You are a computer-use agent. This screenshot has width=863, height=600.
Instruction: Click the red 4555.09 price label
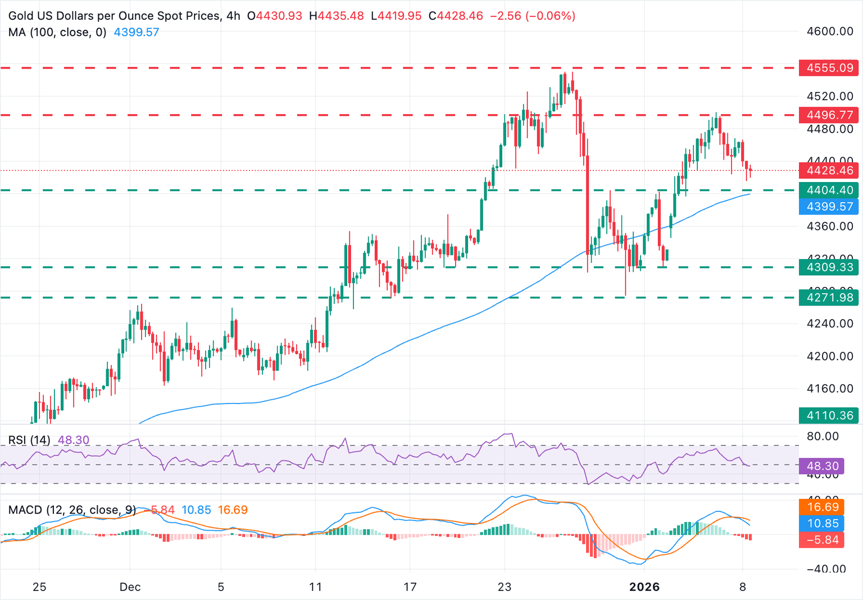pos(829,68)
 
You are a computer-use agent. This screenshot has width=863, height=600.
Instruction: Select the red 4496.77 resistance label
pos(829,115)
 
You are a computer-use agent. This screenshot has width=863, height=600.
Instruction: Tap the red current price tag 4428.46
pos(829,170)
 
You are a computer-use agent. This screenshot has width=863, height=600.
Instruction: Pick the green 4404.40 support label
pos(829,190)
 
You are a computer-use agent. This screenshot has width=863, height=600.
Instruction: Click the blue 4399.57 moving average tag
pos(829,207)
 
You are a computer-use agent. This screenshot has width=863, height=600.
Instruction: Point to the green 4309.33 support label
pos(829,267)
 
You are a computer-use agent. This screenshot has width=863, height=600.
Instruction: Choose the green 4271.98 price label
pos(829,298)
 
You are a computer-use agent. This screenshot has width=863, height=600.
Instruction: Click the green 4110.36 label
pos(829,416)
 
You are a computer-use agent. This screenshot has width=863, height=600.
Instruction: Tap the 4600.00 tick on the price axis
pos(830,31)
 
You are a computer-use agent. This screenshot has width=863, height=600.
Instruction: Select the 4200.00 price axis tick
pos(830,356)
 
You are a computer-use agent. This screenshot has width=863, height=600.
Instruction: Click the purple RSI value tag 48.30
pos(823,466)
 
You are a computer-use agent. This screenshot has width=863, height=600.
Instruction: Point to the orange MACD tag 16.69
pos(823,507)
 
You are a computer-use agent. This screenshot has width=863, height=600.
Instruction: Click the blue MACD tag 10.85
pos(823,524)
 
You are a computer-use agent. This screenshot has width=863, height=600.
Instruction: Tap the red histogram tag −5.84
pos(823,540)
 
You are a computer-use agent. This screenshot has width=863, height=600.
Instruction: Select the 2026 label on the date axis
pos(644,587)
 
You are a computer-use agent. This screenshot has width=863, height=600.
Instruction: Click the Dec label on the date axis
pos(130,587)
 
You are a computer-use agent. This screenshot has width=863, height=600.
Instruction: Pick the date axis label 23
pos(505,587)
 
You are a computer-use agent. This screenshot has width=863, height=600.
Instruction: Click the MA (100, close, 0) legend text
pos(57,33)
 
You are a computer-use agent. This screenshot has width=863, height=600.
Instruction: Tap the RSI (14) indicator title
pos(29,440)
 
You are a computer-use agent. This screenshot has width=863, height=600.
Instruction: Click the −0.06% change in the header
pos(550,16)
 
